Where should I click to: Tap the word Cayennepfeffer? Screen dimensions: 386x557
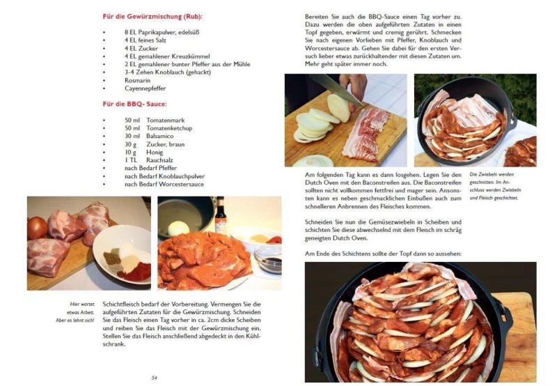(146, 88)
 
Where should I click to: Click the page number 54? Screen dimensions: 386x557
(154, 377)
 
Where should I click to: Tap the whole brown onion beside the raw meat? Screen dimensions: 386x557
(37, 227)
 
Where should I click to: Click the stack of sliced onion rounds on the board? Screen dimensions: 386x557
(313, 125)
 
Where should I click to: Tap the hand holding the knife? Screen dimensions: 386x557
(357, 84)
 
